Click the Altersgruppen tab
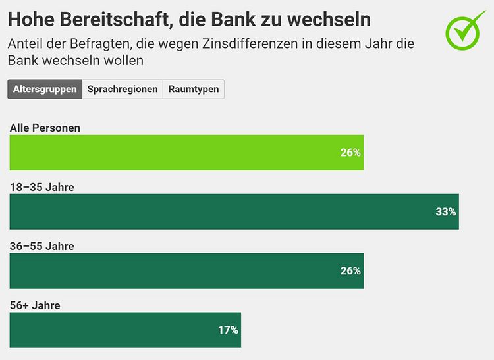point(45,90)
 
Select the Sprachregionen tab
point(123,90)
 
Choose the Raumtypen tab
point(194,90)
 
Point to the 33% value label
point(445,212)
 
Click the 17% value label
point(228,330)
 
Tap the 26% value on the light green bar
point(350,153)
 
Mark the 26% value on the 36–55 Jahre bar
point(350,271)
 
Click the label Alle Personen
point(45,128)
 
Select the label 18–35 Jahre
point(41,187)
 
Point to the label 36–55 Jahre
point(41,246)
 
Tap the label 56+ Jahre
point(35,305)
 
